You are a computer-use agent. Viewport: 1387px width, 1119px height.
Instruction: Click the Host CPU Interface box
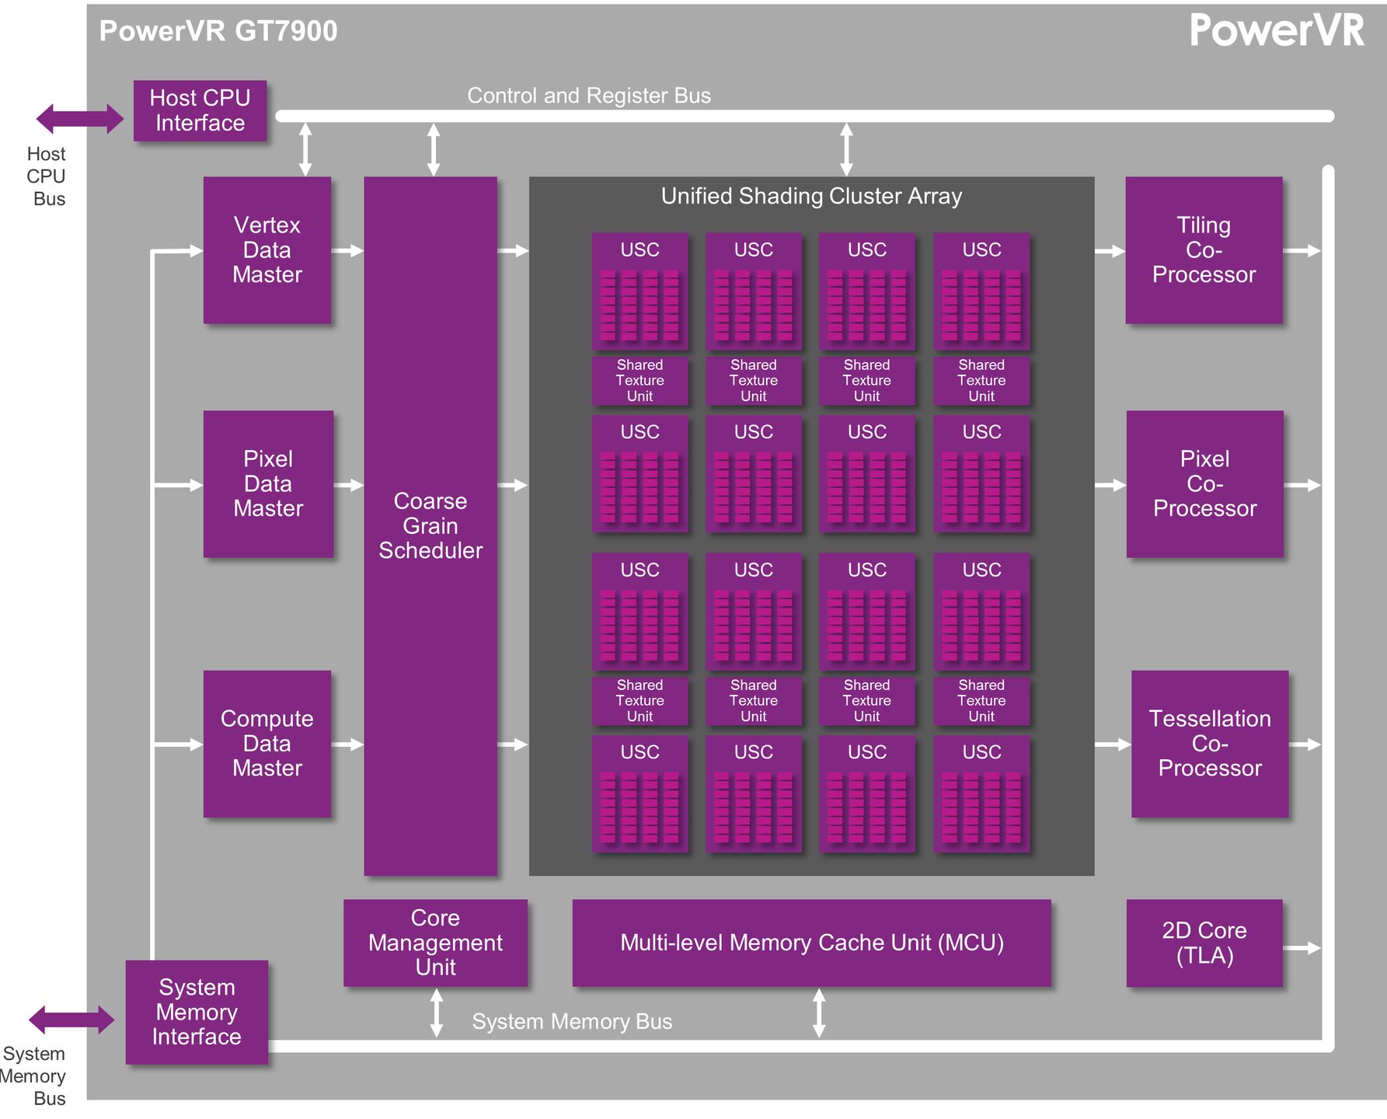click(x=200, y=111)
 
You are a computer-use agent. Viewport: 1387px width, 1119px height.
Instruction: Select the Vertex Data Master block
click(x=267, y=250)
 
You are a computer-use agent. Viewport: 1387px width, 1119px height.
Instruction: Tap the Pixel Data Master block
click(x=268, y=484)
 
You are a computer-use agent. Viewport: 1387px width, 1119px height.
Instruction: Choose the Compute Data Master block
click(x=267, y=744)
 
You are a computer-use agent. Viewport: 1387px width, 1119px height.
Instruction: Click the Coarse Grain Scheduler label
click(x=430, y=526)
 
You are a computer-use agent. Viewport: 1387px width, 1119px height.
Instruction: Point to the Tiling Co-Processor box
click(x=1204, y=250)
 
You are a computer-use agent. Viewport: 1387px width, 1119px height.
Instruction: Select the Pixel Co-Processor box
click(x=1204, y=484)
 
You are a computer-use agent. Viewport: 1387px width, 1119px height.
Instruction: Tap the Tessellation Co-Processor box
click(x=1210, y=744)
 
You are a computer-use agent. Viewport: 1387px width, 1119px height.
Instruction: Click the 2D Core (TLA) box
click(x=1204, y=943)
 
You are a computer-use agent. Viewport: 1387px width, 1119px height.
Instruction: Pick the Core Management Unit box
click(x=435, y=943)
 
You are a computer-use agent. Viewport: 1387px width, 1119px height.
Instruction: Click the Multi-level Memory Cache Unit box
click(x=811, y=943)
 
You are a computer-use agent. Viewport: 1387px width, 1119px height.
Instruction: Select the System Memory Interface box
click(x=197, y=1012)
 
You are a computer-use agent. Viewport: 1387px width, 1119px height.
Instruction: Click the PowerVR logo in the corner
click(x=1277, y=31)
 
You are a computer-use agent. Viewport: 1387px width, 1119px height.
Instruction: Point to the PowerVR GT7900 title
click(x=218, y=31)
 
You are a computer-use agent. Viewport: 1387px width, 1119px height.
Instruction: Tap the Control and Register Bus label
click(x=589, y=96)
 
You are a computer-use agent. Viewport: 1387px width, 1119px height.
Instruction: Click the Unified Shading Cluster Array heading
click(x=811, y=196)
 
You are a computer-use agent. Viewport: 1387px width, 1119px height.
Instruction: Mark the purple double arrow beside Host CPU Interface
click(x=79, y=119)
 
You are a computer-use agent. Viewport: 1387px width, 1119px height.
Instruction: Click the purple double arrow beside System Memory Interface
click(x=71, y=1020)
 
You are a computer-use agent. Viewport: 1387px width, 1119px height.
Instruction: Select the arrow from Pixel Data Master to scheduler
click(x=349, y=485)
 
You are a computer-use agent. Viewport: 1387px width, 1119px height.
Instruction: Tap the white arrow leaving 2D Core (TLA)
click(x=1302, y=948)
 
